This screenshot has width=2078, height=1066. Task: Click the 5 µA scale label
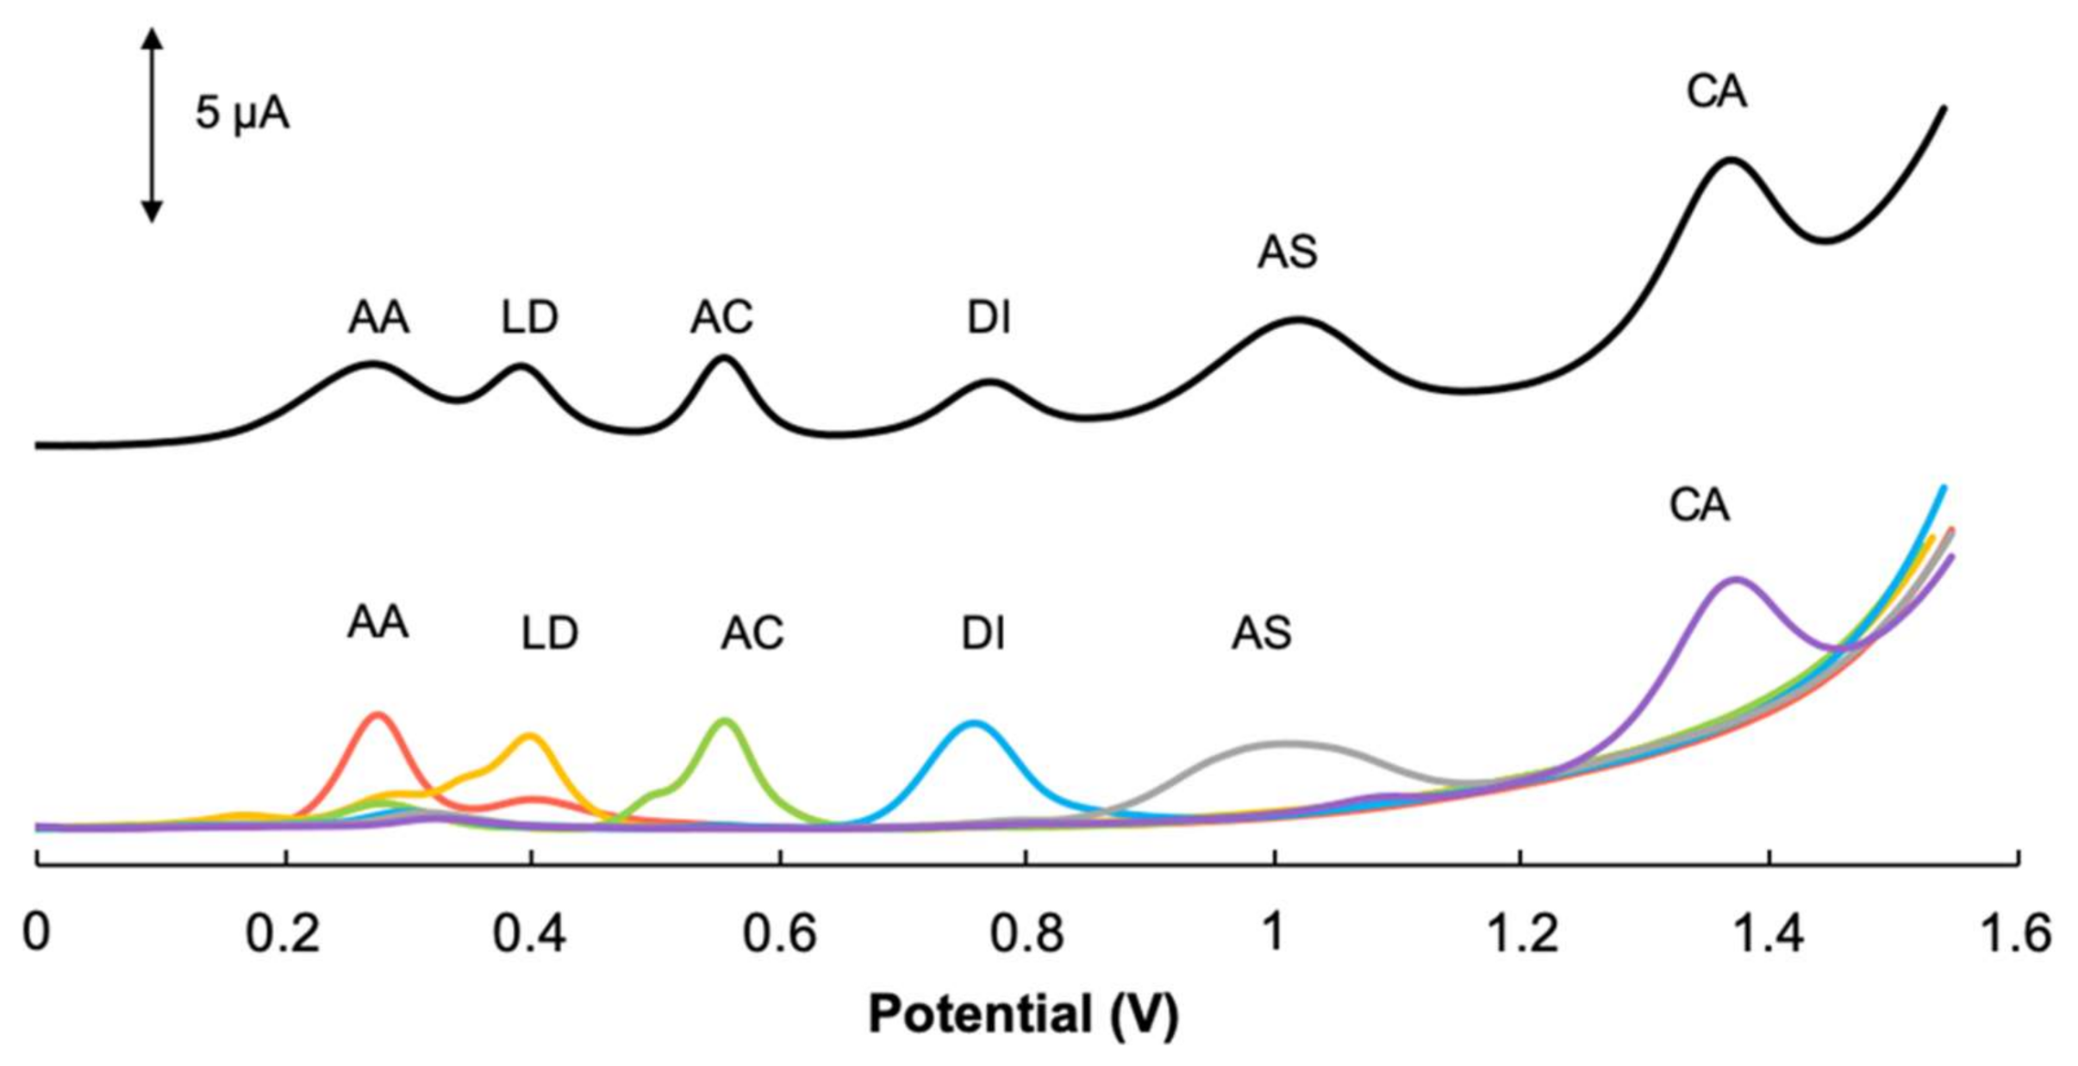(242, 114)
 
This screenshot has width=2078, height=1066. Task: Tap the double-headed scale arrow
(152, 125)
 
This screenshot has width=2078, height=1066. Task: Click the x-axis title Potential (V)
(1023, 1013)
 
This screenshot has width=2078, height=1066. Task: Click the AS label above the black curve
(1288, 252)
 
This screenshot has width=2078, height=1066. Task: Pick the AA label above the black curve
(378, 318)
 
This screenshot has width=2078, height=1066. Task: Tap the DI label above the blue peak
(983, 633)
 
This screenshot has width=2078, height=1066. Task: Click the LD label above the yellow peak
(550, 633)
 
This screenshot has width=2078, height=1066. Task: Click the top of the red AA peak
(377, 714)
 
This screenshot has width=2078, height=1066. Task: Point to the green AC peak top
(725, 720)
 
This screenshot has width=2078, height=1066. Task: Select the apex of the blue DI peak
(975, 722)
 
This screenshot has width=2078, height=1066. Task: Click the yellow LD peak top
(529, 735)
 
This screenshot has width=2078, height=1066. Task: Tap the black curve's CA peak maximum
(1730, 159)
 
